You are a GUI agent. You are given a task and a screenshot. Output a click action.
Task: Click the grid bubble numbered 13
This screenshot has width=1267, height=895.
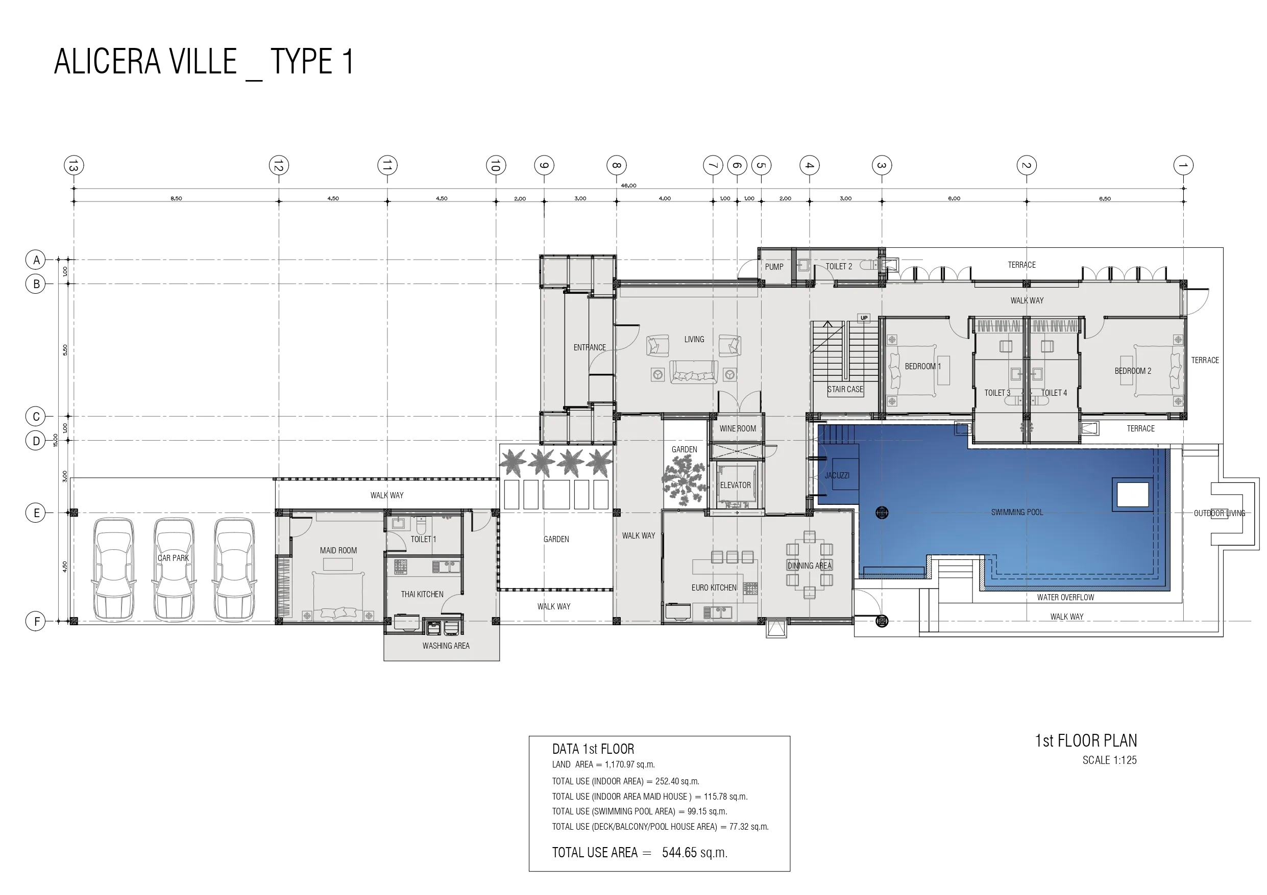coord(74,165)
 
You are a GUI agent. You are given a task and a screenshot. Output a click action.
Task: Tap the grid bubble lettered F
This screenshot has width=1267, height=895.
coord(36,622)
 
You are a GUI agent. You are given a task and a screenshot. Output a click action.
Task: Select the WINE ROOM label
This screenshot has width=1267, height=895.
coord(738,428)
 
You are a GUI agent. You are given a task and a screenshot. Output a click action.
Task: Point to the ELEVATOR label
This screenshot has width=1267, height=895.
coord(735,485)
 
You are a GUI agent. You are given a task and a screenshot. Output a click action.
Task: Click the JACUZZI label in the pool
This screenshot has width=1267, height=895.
coord(837,475)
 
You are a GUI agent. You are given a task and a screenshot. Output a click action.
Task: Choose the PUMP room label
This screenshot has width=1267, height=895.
coord(774,267)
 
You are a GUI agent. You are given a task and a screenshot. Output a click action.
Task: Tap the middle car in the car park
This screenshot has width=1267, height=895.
coord(173,569)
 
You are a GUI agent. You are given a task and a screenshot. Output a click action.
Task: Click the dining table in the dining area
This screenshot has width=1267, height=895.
coord(810,565)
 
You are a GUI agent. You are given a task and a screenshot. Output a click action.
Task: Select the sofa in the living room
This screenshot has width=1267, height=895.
coord(694,372)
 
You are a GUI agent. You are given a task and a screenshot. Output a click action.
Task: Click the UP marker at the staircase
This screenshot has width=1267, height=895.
coord(864,318)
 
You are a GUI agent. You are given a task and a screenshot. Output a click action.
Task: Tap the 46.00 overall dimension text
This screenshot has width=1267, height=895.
coord(628,185)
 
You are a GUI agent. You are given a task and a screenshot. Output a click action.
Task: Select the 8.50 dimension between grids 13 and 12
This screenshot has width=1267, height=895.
coord(176,198)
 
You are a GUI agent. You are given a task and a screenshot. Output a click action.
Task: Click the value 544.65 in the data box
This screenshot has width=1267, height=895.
coord(679,853)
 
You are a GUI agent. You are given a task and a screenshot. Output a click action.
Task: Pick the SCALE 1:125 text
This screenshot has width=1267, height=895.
coord(1109,760)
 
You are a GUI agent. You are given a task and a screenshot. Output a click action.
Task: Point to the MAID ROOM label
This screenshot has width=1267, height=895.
coord(338,550)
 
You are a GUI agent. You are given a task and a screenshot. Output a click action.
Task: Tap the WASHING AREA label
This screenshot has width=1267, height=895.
coord(446,646)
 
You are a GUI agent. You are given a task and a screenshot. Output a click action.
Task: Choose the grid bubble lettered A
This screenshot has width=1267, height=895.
coord(36,260)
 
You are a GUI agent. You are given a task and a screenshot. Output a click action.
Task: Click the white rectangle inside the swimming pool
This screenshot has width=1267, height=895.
coord(1132,494)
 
